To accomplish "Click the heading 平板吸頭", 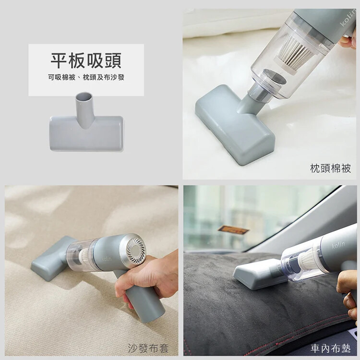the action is tap(86, 60).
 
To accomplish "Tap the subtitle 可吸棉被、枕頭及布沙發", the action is tap(86, 77).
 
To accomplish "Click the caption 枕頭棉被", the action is tap(330, 168).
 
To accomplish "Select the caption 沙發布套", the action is tap(148, 348).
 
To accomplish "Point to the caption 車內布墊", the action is tap(331, 348).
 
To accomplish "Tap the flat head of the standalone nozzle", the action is tap(86, 133).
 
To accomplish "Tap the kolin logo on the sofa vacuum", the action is tap(107, 259).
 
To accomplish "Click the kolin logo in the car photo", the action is tap(338, 245).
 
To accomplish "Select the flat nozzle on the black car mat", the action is tap(259, 274).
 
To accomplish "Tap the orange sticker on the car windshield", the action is tap(233, 229).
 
